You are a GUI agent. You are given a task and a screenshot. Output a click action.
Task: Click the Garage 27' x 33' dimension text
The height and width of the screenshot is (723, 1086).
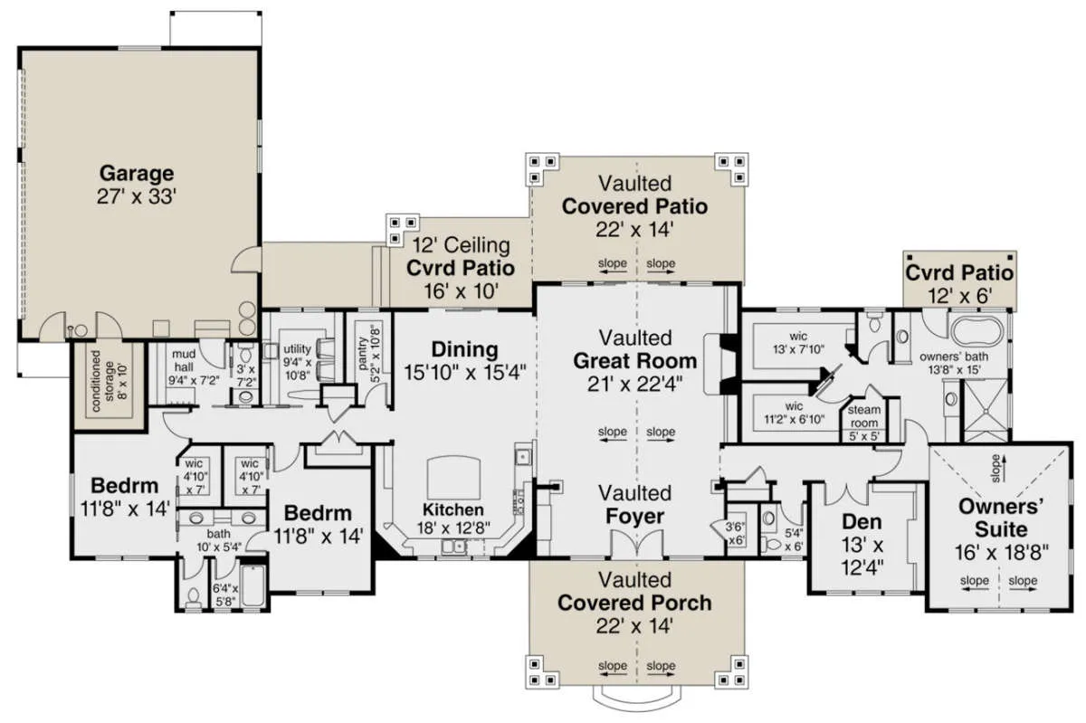click(x=137, y=197)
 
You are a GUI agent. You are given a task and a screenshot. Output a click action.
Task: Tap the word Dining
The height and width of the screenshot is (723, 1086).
click(x=464, y=349)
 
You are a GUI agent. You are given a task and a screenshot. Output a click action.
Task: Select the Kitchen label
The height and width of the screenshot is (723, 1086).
click(x=453, y=509)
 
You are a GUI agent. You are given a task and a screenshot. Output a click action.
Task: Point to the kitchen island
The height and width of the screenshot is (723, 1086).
click(x=453, y=477)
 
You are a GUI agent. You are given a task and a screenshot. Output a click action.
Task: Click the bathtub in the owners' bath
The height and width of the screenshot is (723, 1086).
click(x=976, y=331)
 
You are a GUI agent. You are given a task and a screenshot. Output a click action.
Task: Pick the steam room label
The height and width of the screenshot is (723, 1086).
click(x=864, y=416)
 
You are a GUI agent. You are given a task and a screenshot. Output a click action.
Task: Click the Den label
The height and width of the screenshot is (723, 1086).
click(x=862, y=522)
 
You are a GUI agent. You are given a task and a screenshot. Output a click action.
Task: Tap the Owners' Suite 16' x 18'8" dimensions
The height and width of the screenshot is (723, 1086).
click(x=1001, y=552)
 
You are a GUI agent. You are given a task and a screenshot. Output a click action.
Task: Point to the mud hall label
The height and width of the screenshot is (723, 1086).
click(x=184, y=361)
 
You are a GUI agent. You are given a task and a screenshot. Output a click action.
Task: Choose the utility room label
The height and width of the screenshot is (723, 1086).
click(x=297, y=349)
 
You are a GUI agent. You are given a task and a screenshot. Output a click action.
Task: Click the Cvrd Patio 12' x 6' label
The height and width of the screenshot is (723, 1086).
click(x=959, y=284)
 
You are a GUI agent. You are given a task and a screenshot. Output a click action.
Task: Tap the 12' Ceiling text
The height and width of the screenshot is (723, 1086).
click(x=461, y=245)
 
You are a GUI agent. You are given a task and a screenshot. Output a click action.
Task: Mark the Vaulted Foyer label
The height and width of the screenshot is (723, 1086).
click(x=634, y=505)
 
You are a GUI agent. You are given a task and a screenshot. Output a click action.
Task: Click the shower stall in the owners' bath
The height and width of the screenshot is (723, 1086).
click(x=986, y=411)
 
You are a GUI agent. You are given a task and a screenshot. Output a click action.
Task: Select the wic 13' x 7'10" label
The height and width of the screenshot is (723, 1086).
click(x=798, y=343)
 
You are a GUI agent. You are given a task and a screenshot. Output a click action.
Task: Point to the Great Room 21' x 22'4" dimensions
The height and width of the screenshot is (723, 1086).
click(x=634, y=385)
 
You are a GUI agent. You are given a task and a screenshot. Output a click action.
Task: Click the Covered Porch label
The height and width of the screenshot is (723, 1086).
click(x=634, y=604)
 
